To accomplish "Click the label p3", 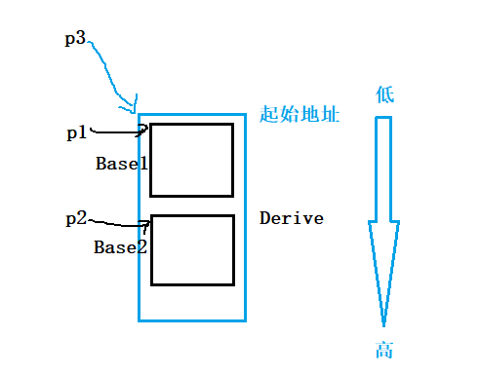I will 74,41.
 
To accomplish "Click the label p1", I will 77,133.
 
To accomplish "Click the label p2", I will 76,218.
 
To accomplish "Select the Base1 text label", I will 122,164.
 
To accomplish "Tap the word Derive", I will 292,218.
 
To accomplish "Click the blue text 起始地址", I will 300,115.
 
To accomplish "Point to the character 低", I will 384,94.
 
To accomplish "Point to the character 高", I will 383,351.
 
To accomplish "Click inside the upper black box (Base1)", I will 191,160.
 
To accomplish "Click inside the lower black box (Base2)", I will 193,250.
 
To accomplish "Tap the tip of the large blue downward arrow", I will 383,323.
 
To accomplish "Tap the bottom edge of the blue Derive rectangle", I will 192,319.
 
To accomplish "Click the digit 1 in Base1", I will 143,164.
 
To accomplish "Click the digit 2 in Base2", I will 142,247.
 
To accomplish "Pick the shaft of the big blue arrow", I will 383,170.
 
